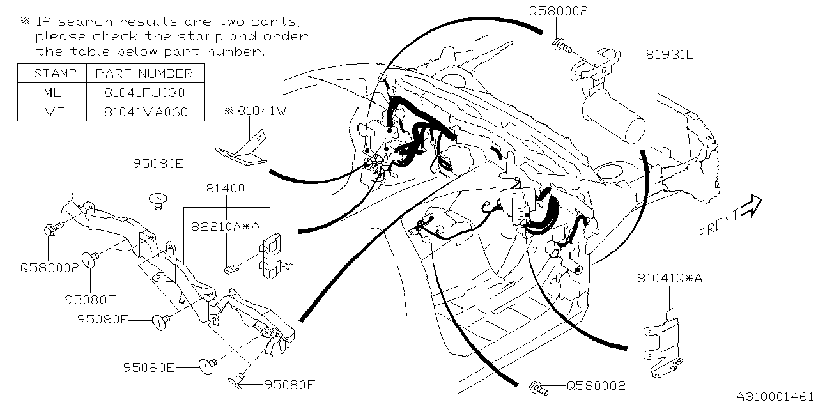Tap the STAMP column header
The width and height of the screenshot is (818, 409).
[51, 73]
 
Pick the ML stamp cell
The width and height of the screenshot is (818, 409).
[51, 93]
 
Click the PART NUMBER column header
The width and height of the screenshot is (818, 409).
[144, 73]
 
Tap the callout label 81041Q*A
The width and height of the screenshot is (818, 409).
[669, 278]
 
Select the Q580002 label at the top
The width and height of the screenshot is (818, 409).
[558, 12]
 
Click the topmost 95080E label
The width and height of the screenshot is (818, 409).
[158, 164]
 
